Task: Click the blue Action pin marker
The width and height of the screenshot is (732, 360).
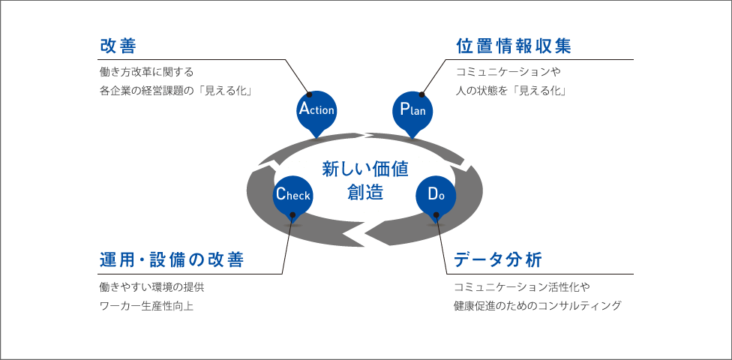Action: [316, 110]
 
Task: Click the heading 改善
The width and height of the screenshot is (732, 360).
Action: [118, 46]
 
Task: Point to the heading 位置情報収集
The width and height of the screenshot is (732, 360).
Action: [514, 46]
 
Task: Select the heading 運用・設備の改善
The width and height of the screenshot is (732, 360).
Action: [172, 260]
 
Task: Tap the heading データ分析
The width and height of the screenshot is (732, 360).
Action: [497, 260]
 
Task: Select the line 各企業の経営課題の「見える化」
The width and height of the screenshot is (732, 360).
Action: [175, 91]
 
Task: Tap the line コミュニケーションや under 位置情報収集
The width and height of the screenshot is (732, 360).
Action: [508, 72]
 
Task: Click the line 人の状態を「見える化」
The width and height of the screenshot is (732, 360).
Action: [510, 91]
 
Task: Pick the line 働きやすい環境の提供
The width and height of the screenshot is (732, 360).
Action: [151, 286]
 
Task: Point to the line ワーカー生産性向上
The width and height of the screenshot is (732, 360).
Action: [146, 306]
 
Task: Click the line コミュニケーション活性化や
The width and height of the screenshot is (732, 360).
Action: [523, 286]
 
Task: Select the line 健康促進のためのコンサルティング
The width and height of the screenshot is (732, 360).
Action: [538, 306]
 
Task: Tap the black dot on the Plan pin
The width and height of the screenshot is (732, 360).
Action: [421, 95]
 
